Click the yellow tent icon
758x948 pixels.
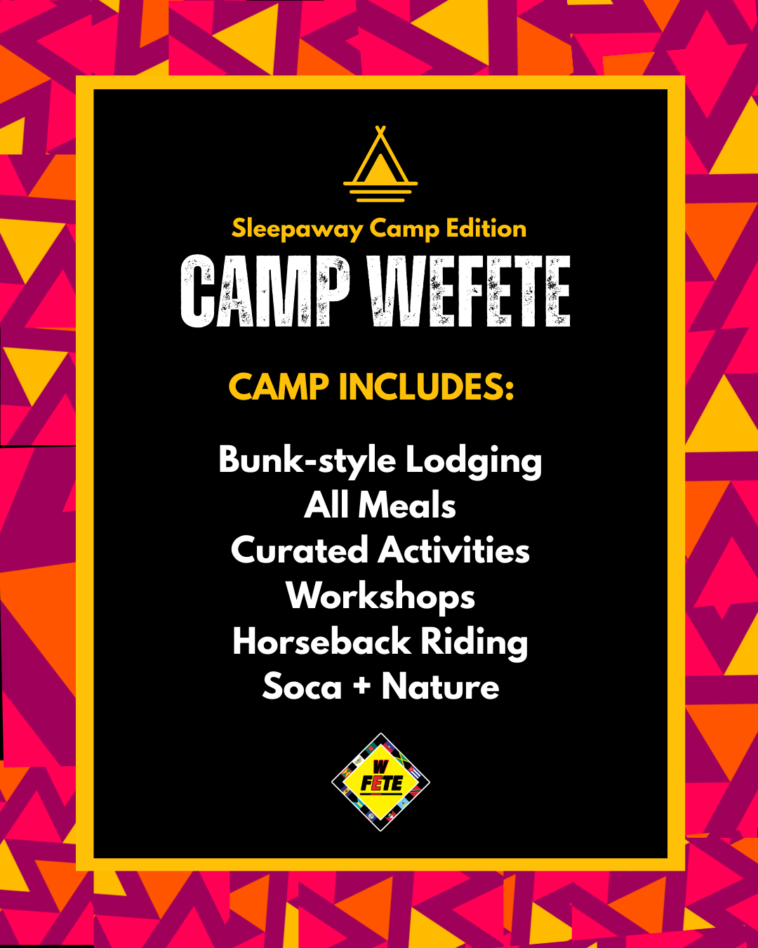point(380,164)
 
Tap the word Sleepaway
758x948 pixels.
point(297,229)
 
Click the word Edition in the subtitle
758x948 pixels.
point(486,228)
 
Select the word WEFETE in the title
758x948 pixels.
point(470,291)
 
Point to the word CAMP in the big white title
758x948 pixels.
point(265,291)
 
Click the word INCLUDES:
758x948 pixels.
point(427,387)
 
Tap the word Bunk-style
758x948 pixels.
point(307,461)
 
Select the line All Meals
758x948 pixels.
point(380,505)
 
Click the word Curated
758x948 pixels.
point(299,550)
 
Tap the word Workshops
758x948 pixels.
point(380,597)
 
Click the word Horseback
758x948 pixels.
point(321,641)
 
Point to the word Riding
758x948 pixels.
point(474,643)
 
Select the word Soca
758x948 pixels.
point(302,687)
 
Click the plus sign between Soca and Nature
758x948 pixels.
point(361,685)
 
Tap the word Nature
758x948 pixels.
point(440,687)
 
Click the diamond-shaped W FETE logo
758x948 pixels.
point(380,782)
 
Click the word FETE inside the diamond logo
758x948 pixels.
point(381,784)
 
